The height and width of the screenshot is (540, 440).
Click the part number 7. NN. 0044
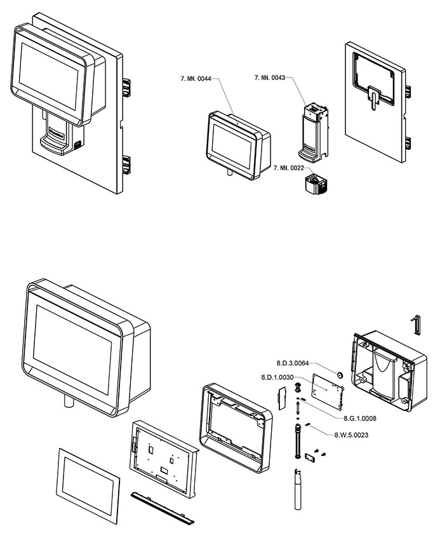tap(197, 78)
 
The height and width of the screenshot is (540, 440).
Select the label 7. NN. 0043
tap(270, 78)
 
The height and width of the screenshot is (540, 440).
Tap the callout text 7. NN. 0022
tap(290, 168)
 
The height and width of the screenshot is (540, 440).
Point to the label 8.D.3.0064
tap(293, 363)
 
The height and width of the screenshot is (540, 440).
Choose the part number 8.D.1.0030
tap(278, 377)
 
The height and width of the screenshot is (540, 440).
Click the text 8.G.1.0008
tap(360, 419)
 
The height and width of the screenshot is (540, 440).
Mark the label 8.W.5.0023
tap(352, 435)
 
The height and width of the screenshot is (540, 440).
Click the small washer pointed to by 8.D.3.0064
tap(340, 376)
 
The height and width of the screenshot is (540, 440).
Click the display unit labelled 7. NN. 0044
tap(237, 144)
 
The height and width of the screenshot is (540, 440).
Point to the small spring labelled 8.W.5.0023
tap(308, 424)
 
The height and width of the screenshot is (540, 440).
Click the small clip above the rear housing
tap(417, 323)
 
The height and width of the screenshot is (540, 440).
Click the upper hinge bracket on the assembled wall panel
tap(126, 87)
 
